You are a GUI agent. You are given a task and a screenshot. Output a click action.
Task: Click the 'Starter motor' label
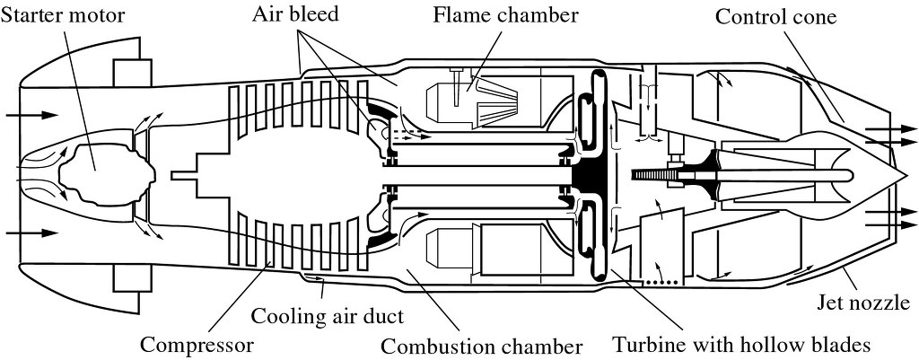click(63, 15)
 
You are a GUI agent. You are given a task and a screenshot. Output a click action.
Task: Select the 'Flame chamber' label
click(505, 15)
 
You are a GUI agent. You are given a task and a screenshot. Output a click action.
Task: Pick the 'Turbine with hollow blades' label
click(741, 345)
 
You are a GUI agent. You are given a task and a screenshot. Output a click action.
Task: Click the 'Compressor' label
click(197, 345)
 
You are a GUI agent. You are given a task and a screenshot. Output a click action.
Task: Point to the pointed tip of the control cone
click(898, 173)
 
